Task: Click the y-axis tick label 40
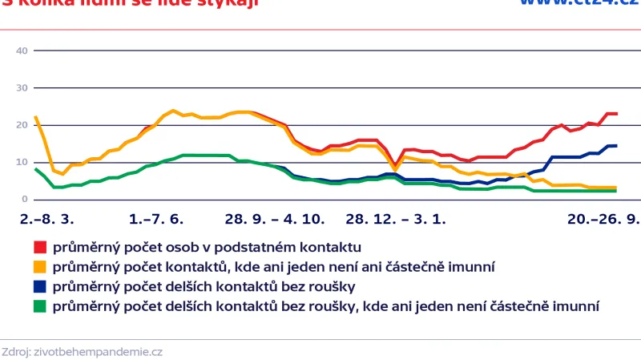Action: click(22, 51)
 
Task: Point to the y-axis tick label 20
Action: click(22, 125)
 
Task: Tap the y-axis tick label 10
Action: click(22, 162)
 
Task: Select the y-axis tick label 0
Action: click(25, 199)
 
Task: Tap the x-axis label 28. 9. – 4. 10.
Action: click(274, 218)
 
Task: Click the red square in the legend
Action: click(39, 247)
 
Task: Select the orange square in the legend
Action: click(39, 266)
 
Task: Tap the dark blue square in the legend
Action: click(39, 285)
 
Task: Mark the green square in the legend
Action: click(39, 305)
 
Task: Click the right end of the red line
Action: click(615, 114)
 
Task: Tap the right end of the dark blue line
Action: click(615, 146)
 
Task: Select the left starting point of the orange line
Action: click(35, 117)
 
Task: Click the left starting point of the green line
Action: click(35, 169)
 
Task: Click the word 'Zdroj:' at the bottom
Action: click(17, 351)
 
